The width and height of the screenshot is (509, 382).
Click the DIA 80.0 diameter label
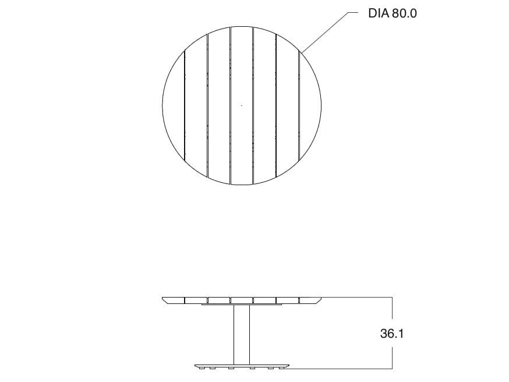[392, 13]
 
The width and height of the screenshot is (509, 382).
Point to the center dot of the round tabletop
[242, 105]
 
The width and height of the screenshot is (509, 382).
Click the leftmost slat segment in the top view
[173, 105]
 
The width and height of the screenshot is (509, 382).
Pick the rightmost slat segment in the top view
[310, 105]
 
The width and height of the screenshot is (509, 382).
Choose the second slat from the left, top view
[196, 105]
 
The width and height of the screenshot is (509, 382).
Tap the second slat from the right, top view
[287, 105]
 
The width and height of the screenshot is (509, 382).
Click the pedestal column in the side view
[242, 334]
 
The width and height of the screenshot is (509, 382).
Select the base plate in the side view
[242, 366]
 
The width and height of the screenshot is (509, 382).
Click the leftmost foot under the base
[202, 369]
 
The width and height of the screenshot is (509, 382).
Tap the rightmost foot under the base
[281, 369]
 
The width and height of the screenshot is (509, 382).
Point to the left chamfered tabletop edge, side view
[173, 300]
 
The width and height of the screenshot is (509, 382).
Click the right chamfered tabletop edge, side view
[311, 300]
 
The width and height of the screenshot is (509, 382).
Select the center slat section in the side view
[242, 300]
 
